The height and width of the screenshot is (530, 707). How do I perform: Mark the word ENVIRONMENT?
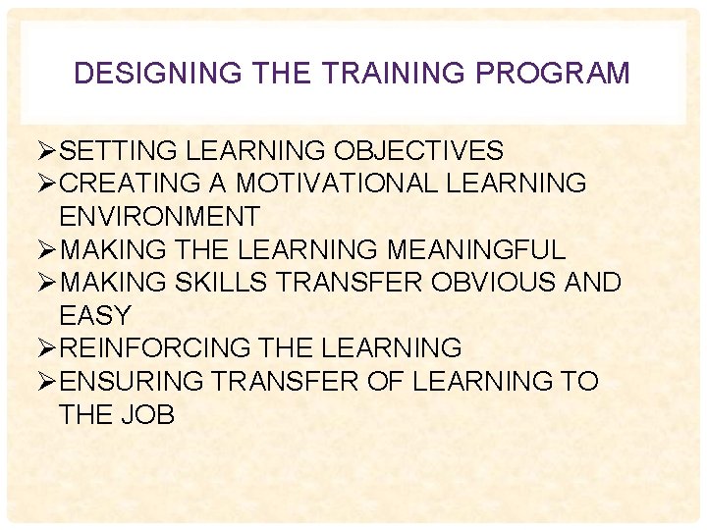pos(159,217)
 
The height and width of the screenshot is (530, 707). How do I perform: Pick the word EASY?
pos(95,316)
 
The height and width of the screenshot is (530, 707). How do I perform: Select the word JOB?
pos(150,415)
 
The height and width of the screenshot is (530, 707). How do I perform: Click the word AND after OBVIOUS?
pos(593,283)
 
